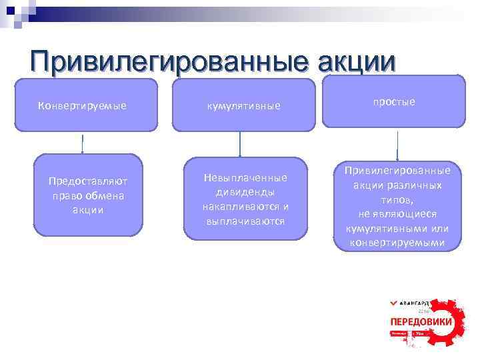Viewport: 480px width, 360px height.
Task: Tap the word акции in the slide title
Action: (353, 61)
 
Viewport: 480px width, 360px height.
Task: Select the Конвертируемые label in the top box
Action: (82, 105)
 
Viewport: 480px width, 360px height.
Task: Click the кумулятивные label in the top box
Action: (243, 105)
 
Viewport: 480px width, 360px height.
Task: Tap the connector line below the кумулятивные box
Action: (240, 143)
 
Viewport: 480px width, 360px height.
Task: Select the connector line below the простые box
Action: (397, 145)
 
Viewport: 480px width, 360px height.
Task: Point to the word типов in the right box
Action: (396, 199)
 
